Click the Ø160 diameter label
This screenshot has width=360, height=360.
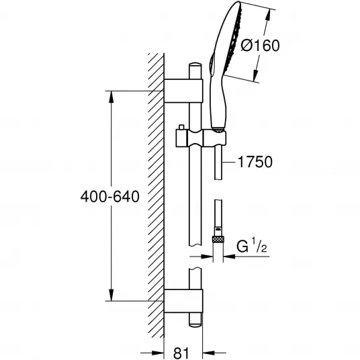[x=261, y=45]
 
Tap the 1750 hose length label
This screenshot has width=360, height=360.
[x=255, y=162]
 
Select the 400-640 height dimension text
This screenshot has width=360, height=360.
[x=110, y=197]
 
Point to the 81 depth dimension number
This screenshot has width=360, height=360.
[x=181, y=353]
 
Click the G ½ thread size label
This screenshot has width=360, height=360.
[x=252, y=246]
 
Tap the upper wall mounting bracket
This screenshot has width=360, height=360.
[x=183, y=91]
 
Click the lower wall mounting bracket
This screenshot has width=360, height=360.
[x=183, y=301]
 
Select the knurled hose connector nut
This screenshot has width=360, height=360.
[x=218, y=239]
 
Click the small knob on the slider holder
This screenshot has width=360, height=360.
[x=181, y=128]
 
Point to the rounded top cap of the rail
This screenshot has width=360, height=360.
[x=195, y=64]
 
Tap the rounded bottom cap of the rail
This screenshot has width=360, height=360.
[x=195, y=324]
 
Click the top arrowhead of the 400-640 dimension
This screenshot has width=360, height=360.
[x=111, y=97]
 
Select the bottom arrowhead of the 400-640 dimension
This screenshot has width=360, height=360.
[x=111, y=295]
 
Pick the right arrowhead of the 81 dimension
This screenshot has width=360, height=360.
[x=209, y=353]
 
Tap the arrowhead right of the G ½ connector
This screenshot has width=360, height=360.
[x=229, y=256]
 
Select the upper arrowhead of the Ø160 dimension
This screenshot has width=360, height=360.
[x=267, y=16]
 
